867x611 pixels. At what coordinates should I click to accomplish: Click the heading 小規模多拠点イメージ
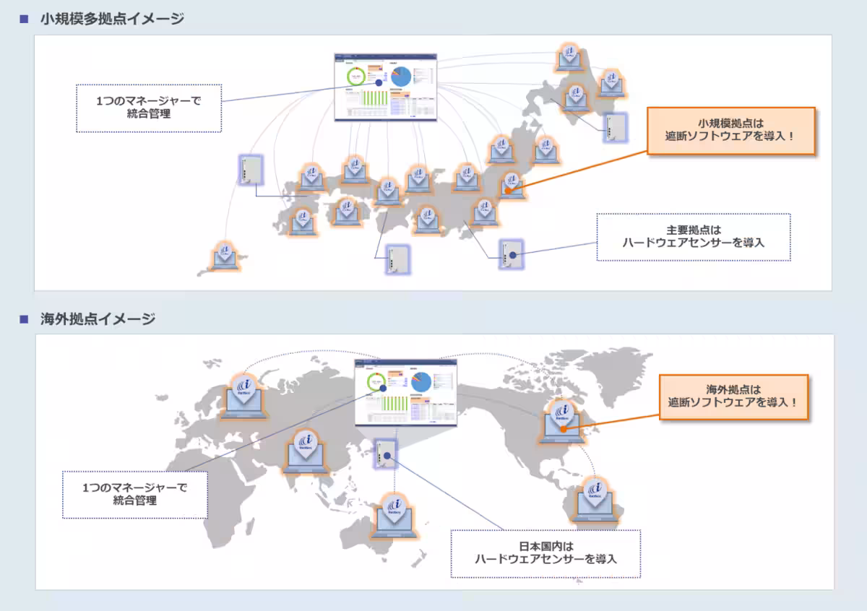point(112,19)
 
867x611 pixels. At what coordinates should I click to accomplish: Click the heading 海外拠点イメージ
point(98,319)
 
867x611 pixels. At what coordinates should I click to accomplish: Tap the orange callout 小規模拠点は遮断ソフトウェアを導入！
point(730,131)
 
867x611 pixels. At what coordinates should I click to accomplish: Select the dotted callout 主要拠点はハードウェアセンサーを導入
point(693,237)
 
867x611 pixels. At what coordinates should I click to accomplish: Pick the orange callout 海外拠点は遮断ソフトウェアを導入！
point(733,396)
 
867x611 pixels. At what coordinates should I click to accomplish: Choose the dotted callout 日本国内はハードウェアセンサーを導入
point(545,553)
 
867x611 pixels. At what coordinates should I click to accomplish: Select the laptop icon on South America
point(596,498)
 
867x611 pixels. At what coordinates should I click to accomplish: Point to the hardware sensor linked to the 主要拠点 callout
point(509,253)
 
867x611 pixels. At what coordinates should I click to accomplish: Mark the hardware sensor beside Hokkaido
point(615,129)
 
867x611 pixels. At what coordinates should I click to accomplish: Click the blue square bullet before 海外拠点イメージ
point(24,319)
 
